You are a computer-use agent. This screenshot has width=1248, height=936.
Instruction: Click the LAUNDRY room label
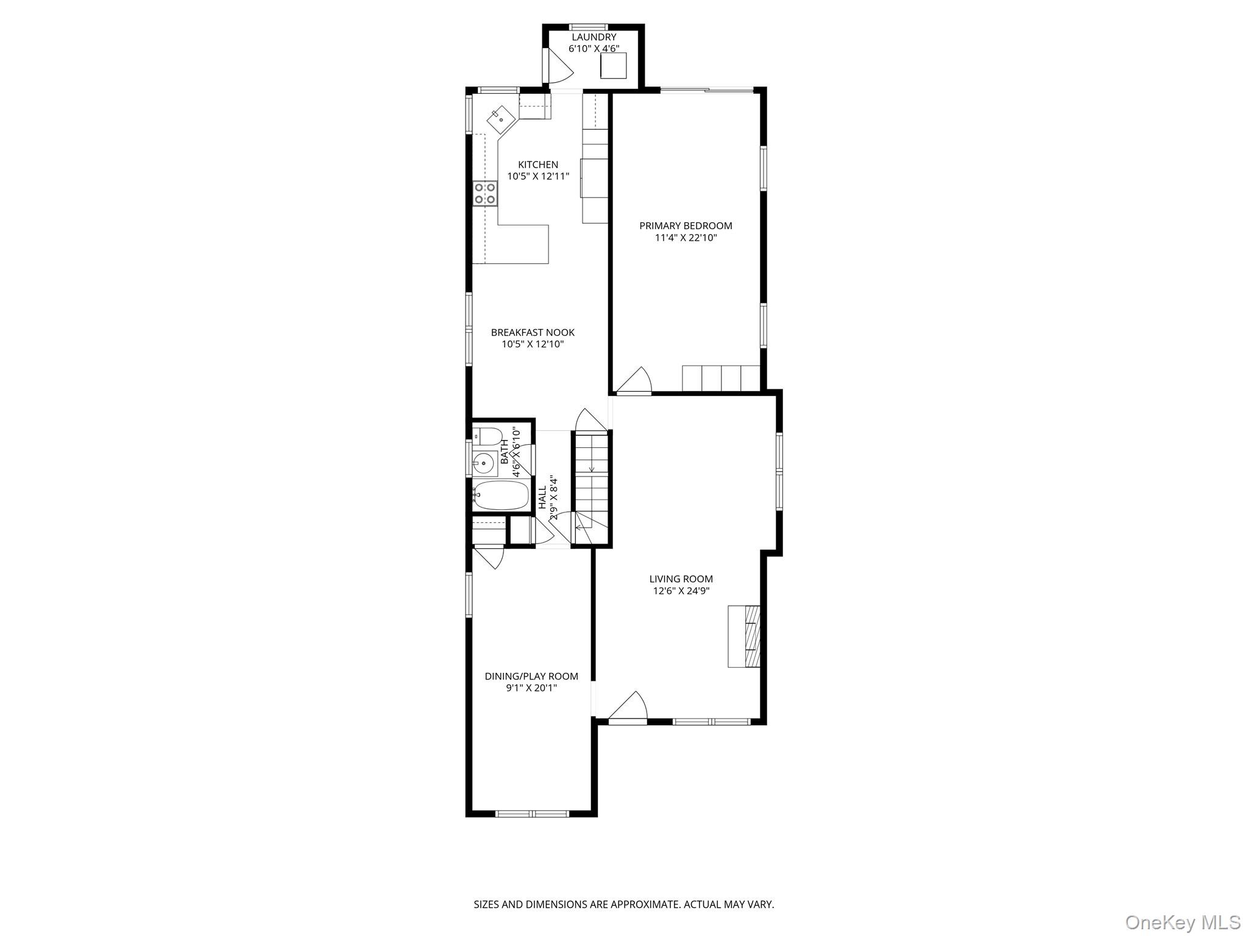(x=594, y=37)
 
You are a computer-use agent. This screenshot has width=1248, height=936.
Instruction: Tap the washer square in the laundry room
(x=614, y=65)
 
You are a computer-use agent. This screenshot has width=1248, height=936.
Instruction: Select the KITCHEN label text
(x=538, y=165)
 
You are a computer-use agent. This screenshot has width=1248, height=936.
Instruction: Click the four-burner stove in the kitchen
(x=485, y=193)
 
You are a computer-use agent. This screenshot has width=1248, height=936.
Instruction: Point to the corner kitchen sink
(x=501, y=119)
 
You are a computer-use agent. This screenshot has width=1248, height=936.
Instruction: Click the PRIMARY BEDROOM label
(x=686, y=225)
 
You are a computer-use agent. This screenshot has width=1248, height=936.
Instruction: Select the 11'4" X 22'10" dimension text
(x=686, y=238)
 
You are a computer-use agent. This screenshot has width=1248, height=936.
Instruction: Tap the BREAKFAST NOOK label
(x=533, y=333)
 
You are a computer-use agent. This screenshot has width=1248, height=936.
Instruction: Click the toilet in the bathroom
(x=487, y=436)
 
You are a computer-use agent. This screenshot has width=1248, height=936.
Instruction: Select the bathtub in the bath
(x=501, y=495)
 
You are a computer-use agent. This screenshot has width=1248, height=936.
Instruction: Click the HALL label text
(x=542, y=497)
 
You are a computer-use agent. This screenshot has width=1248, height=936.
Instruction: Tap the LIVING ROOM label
(x=681, y=579)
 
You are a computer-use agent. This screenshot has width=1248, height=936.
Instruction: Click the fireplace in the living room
(x=744, y=636)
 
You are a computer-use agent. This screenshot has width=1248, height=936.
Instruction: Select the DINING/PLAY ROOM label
(x=531, y=676)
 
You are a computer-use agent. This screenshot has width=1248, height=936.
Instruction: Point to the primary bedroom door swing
(x=635, y=381)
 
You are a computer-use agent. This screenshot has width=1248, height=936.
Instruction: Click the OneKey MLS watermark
(x=1182, y=922)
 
